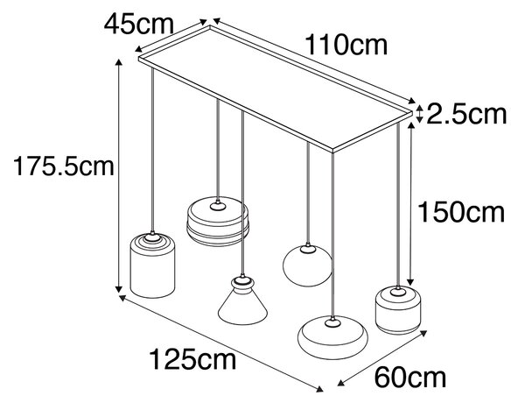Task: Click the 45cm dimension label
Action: pos(139,25)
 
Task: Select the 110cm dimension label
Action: pos(346,46)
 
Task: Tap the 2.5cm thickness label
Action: pos(466,115)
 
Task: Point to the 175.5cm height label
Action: pos(64,166)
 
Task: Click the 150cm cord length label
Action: pos(461,213)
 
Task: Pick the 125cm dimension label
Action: pos(192,360)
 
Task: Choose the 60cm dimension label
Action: pos(410,378)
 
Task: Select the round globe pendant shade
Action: pos(307,265)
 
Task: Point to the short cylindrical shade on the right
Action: pos(398,309)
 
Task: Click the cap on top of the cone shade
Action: pos(241,281)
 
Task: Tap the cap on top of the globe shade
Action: pos(308,249)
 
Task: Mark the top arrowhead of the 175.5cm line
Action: pos(119,63)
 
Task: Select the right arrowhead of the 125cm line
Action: pos(319,389)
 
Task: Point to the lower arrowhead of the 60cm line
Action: pos(341,383)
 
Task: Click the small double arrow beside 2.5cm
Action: pos(419,113)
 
